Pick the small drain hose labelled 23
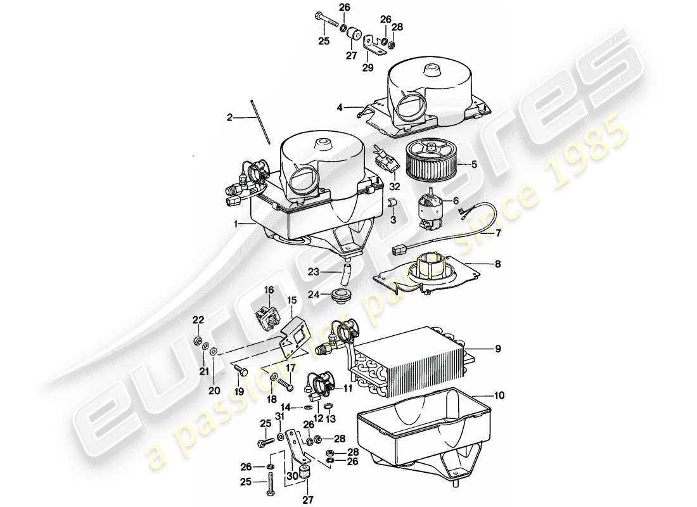coord(345,274)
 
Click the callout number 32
coord(395,186)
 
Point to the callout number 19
coord(240,392)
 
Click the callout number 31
coord(279,416)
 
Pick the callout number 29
coord(367,67)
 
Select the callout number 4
coord(340,108)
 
